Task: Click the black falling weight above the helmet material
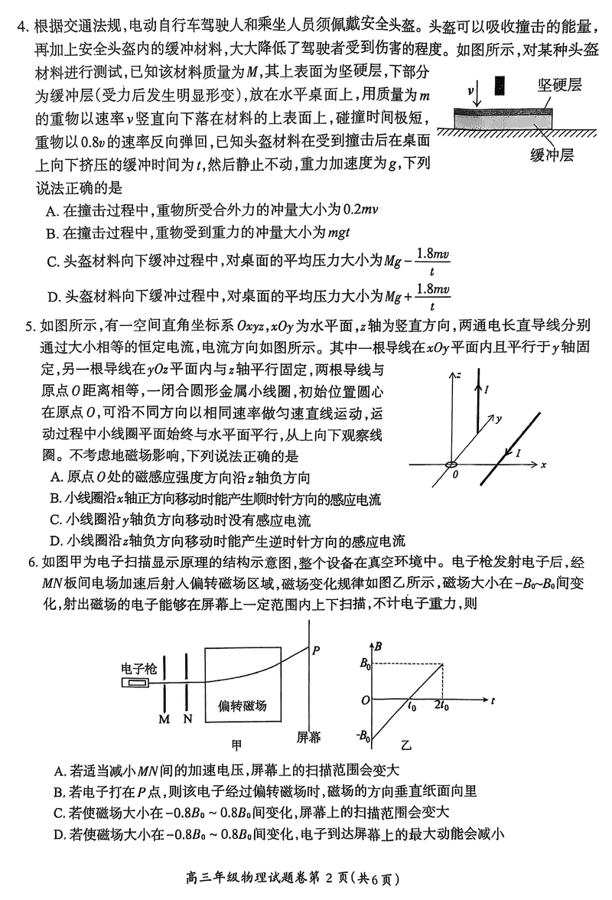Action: [x=500, y=84]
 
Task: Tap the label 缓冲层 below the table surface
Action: [x=554, y=155]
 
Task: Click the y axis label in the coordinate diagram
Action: [x=499, y=419]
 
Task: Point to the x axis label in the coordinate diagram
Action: [x=542, y=464]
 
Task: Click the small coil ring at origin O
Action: [x=451, y=465]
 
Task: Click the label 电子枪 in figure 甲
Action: [x=138, y=667]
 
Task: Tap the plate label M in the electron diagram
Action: [x=163, y=719]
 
